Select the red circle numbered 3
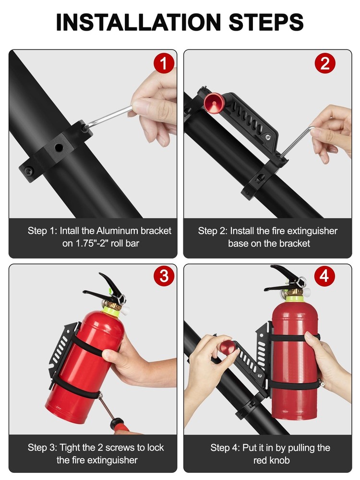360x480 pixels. click(x=164, y=276)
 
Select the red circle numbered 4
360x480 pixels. click(x=325, y=276)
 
